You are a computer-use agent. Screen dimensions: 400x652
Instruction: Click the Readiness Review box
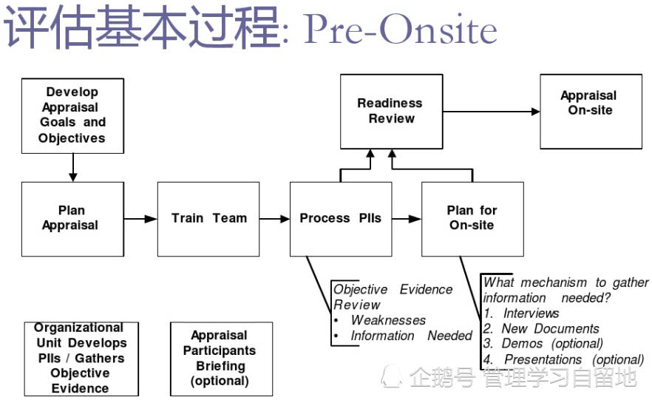point(390,111)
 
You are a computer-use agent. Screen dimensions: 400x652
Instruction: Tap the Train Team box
point(208,219)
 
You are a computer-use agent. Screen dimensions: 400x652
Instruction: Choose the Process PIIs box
point(340,219)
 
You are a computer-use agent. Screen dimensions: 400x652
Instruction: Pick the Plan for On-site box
point(472,219)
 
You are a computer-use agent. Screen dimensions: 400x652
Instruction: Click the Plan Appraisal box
point(72,219)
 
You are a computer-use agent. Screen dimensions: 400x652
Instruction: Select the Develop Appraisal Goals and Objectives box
point(72,115)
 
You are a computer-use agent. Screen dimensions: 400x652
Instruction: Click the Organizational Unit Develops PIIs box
point(81,359)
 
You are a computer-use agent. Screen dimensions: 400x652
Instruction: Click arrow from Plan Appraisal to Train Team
point(140,219)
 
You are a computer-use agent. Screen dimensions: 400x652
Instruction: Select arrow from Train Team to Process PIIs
point(274,219)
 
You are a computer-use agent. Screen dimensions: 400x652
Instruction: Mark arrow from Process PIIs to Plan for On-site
point(406,219)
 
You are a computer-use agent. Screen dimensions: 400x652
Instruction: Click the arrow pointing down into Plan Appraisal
point(72,168)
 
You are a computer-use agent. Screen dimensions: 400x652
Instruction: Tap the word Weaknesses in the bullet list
point(388,320)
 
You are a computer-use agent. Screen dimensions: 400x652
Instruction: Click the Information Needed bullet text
point(411,336)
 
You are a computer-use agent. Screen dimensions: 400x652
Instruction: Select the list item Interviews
point(531,313)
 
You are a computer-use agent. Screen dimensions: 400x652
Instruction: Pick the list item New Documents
point(550,328)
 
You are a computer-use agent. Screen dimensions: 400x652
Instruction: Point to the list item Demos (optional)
point(551,344)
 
